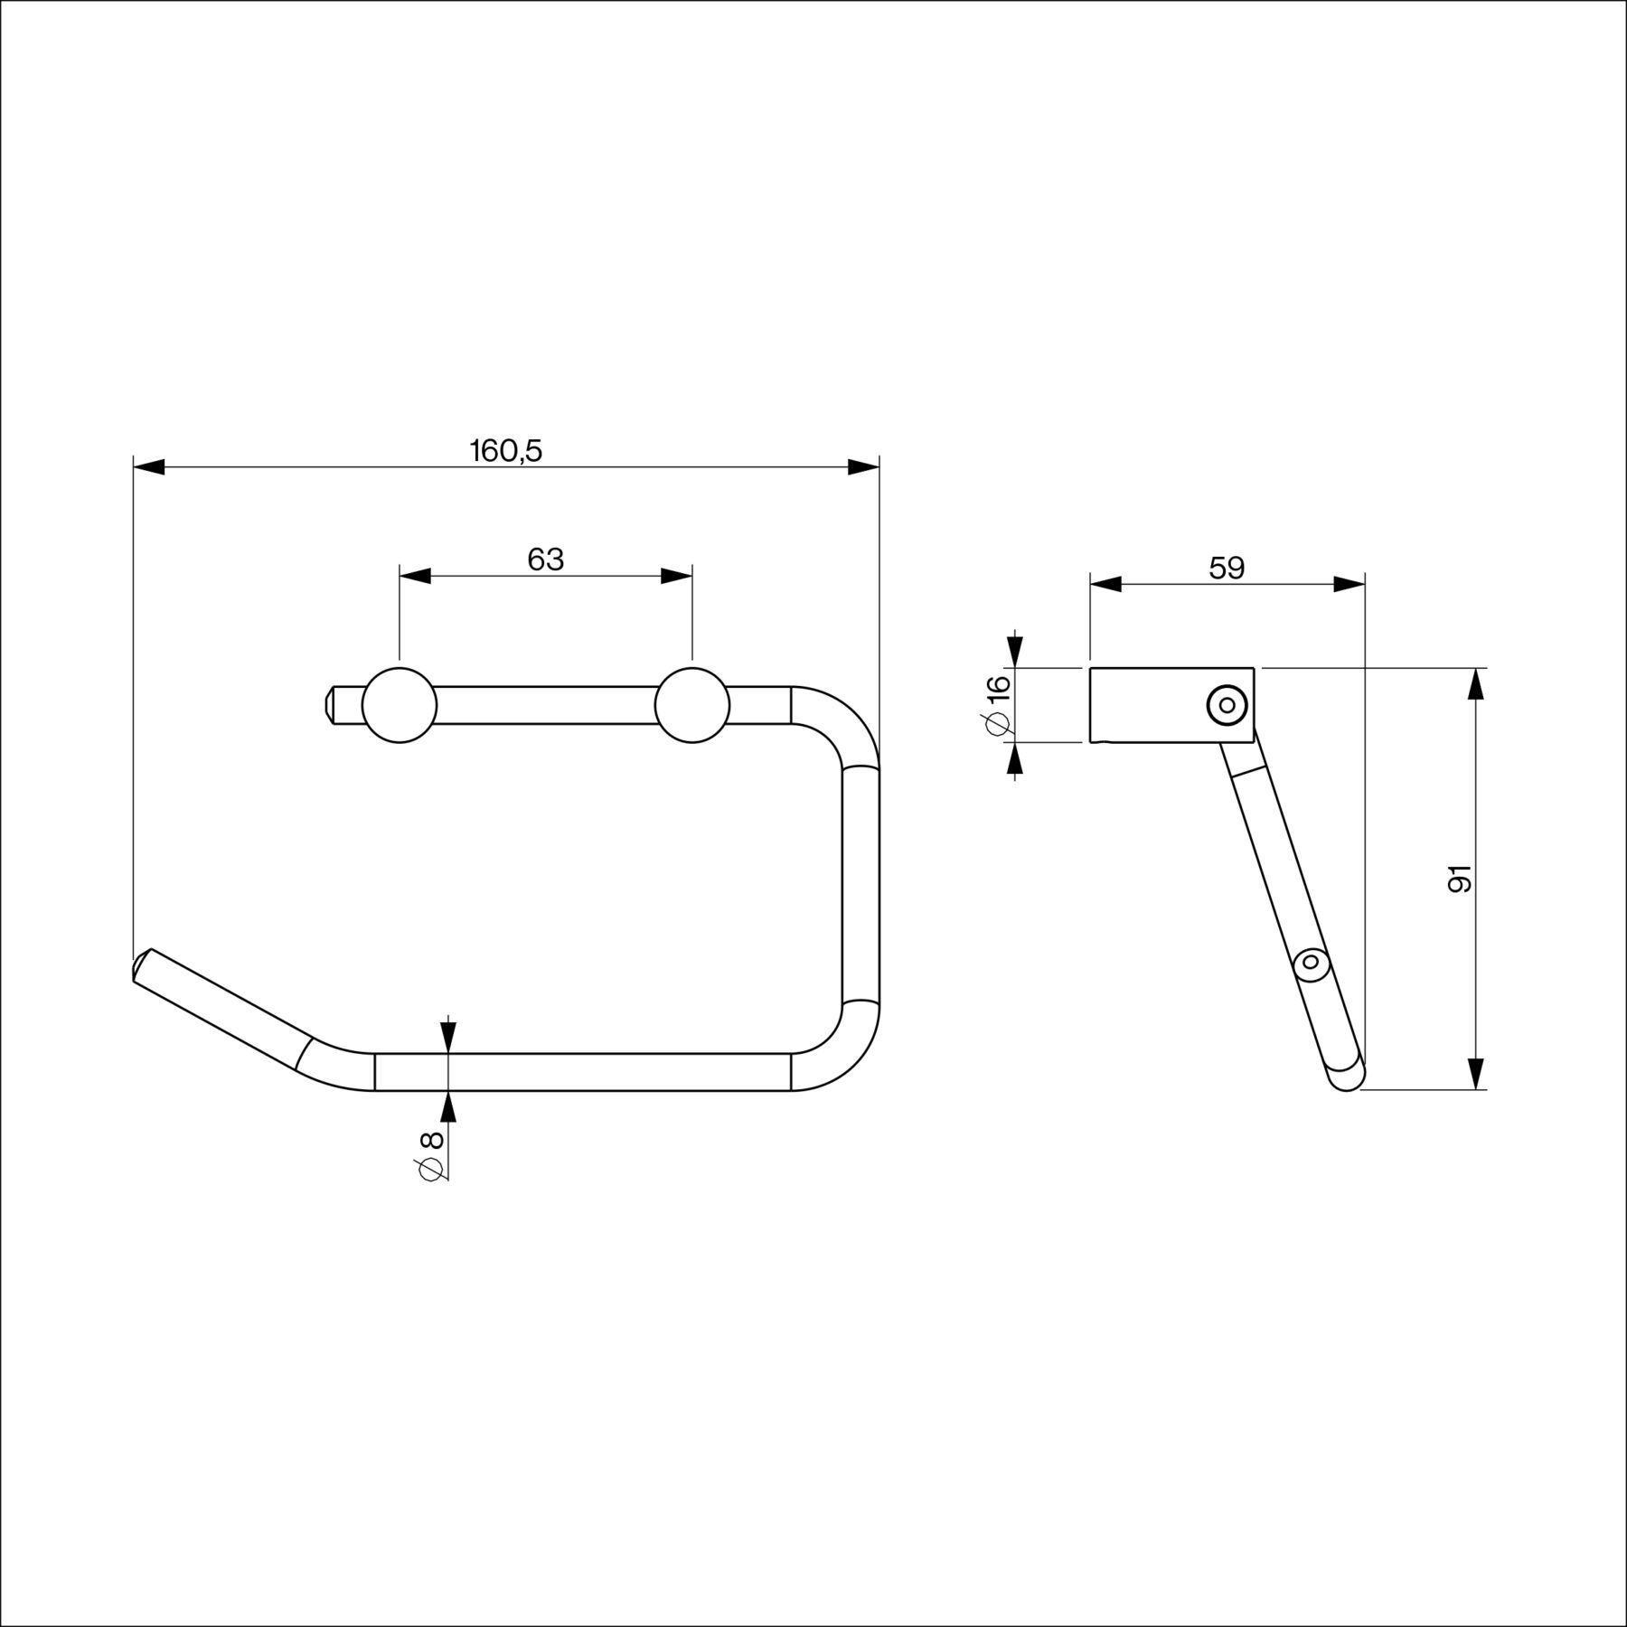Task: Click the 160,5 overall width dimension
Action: click(506, 450)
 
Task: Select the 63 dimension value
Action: click(546, 560)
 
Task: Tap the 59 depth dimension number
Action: click(1227, 568)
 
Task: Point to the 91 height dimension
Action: click(1460, 879)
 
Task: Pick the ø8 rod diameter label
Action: click(431, 1155)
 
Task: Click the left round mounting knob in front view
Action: click(400, 705)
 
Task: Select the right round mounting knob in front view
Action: click(692, 705)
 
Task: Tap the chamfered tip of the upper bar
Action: click(329, 705)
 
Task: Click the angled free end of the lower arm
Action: click(142, 965)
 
